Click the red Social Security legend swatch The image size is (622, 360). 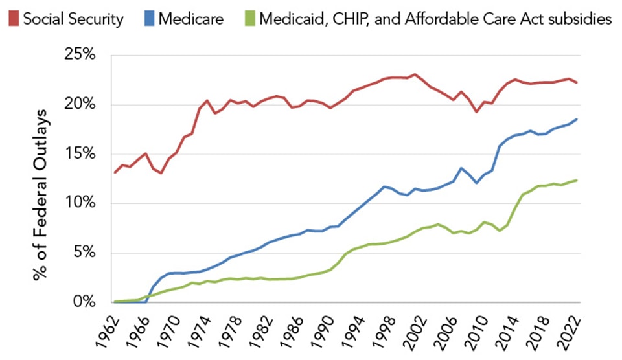click(12, 19)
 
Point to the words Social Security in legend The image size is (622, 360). click(73, 19)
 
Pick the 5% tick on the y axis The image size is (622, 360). click(85, 253)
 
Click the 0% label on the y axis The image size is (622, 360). click(85, 302)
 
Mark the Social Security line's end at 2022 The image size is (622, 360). click(577, 82)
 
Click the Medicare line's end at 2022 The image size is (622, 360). click(577, 119)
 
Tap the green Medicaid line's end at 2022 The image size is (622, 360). click(577, 180)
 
